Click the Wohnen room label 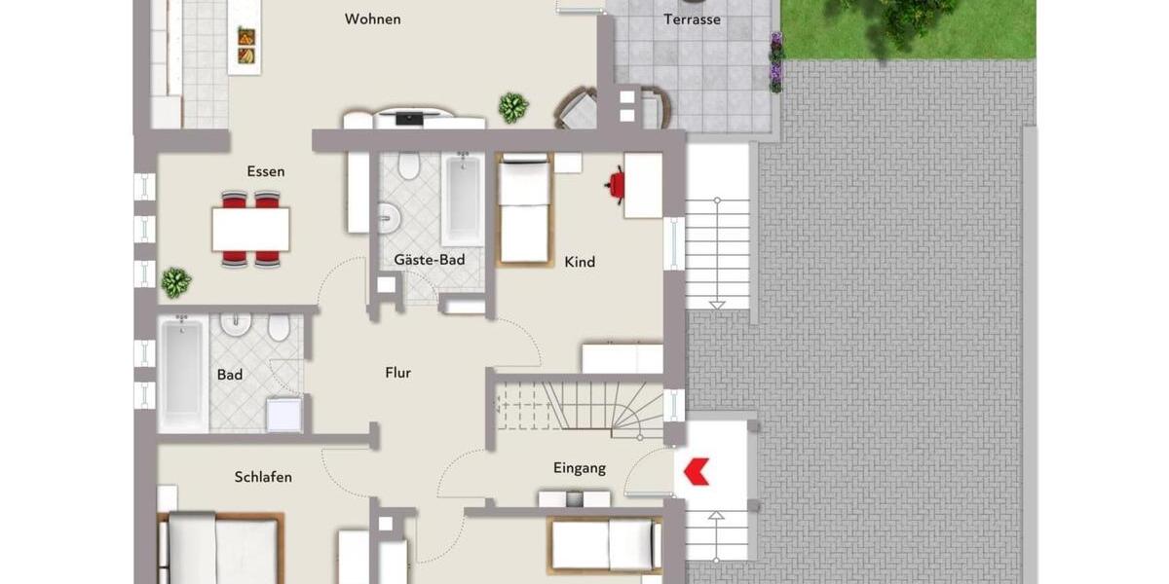point(372,19)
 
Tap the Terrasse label point(692,19)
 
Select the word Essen point(266,172)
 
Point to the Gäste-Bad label point(429,260)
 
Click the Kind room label point(580,262)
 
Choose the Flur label point(397,373)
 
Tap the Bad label point(230,375)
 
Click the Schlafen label point(263,477)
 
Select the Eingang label point(580,468)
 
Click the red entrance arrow point(696,472)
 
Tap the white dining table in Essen point(250,230)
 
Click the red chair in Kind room point(616,184)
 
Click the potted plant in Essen point(175,282)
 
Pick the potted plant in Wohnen point(513,107)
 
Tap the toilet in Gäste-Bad point(409,166)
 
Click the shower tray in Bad point(284,415)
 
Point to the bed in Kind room point(524,209)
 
